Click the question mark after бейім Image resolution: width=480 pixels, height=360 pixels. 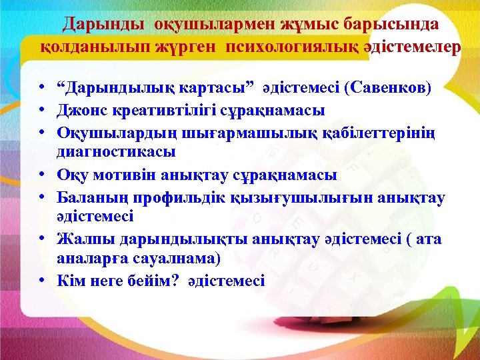[x=175, y=281]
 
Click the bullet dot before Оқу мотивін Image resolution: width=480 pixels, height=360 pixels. [x=41, y=175]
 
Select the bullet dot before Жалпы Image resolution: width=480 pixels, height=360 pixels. [x=41, y=239]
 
